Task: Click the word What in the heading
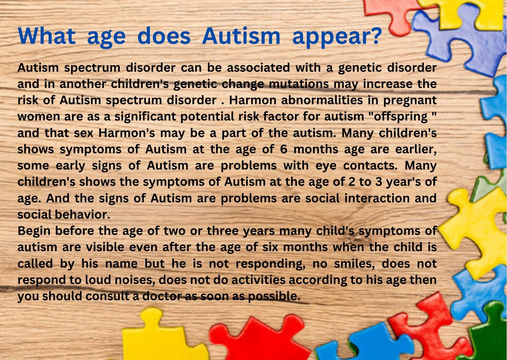(47, 36)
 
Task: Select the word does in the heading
(164, 36)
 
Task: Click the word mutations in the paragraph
(300, 84)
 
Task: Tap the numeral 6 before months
(284, 149)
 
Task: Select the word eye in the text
(326, 166)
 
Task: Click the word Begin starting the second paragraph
(34, 231)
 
